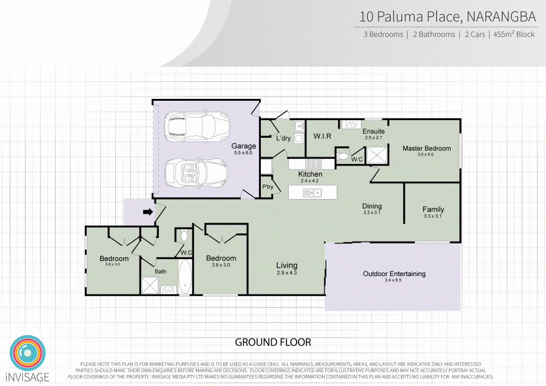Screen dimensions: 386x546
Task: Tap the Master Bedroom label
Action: tap(426, 148)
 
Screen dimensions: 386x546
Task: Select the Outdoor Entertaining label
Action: tap(394, 274)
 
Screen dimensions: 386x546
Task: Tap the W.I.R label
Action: tap(322, 137)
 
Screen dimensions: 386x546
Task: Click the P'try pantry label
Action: tap(267, 187)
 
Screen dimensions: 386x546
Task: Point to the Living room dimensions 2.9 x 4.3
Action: tap(286, 273)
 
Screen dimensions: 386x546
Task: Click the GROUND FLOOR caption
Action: tap(273, 342)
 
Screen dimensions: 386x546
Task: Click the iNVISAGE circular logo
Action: tap(27, 351)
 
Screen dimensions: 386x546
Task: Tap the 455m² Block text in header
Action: tap(514, 35)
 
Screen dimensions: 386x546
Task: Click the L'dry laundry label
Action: tap(283, 138)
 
